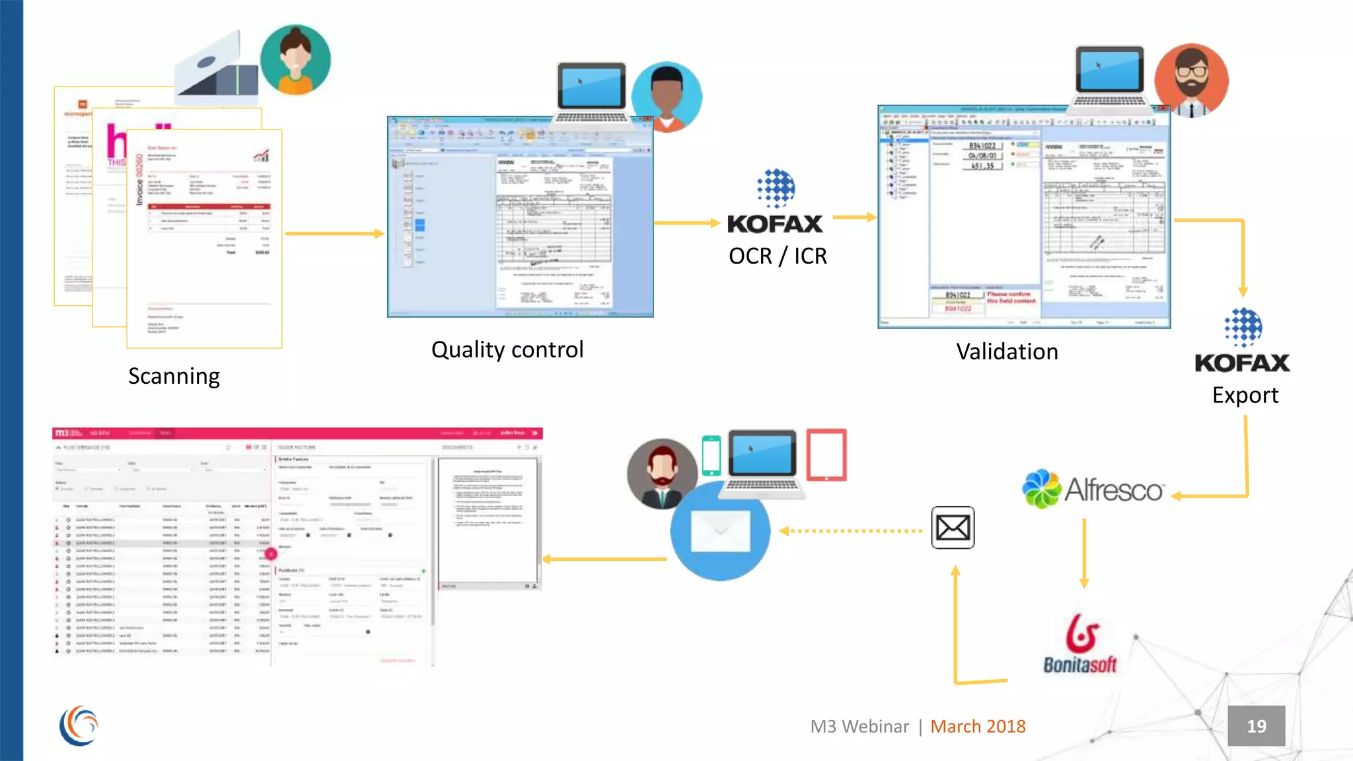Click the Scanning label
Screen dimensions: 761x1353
tap(174, 376)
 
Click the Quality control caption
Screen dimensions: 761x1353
tap(507, 349)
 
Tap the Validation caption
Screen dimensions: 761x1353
tap(1007, 351)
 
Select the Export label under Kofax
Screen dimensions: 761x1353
tap(1245, 395)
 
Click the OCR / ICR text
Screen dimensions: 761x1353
tap(778, 256)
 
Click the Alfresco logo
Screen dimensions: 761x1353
tap(1093, 489)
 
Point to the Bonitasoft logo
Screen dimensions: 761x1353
tap(1080, 644)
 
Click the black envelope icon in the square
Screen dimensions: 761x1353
tap(953, 527)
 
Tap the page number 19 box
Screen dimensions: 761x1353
tap(1256, 726)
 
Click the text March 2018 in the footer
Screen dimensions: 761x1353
tap(978, 726)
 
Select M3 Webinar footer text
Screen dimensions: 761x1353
tap(859, 726)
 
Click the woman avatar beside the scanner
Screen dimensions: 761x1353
tap(295, 59)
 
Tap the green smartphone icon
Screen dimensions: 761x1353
tap(711, 455)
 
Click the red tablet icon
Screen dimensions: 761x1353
tap(826, 454)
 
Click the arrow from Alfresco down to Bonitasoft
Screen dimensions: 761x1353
tap(1084, 554)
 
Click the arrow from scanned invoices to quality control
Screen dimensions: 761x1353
tap(334, 233)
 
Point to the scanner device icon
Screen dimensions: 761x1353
tap(217, 69)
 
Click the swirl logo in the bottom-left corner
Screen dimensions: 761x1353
tap(79, 725)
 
